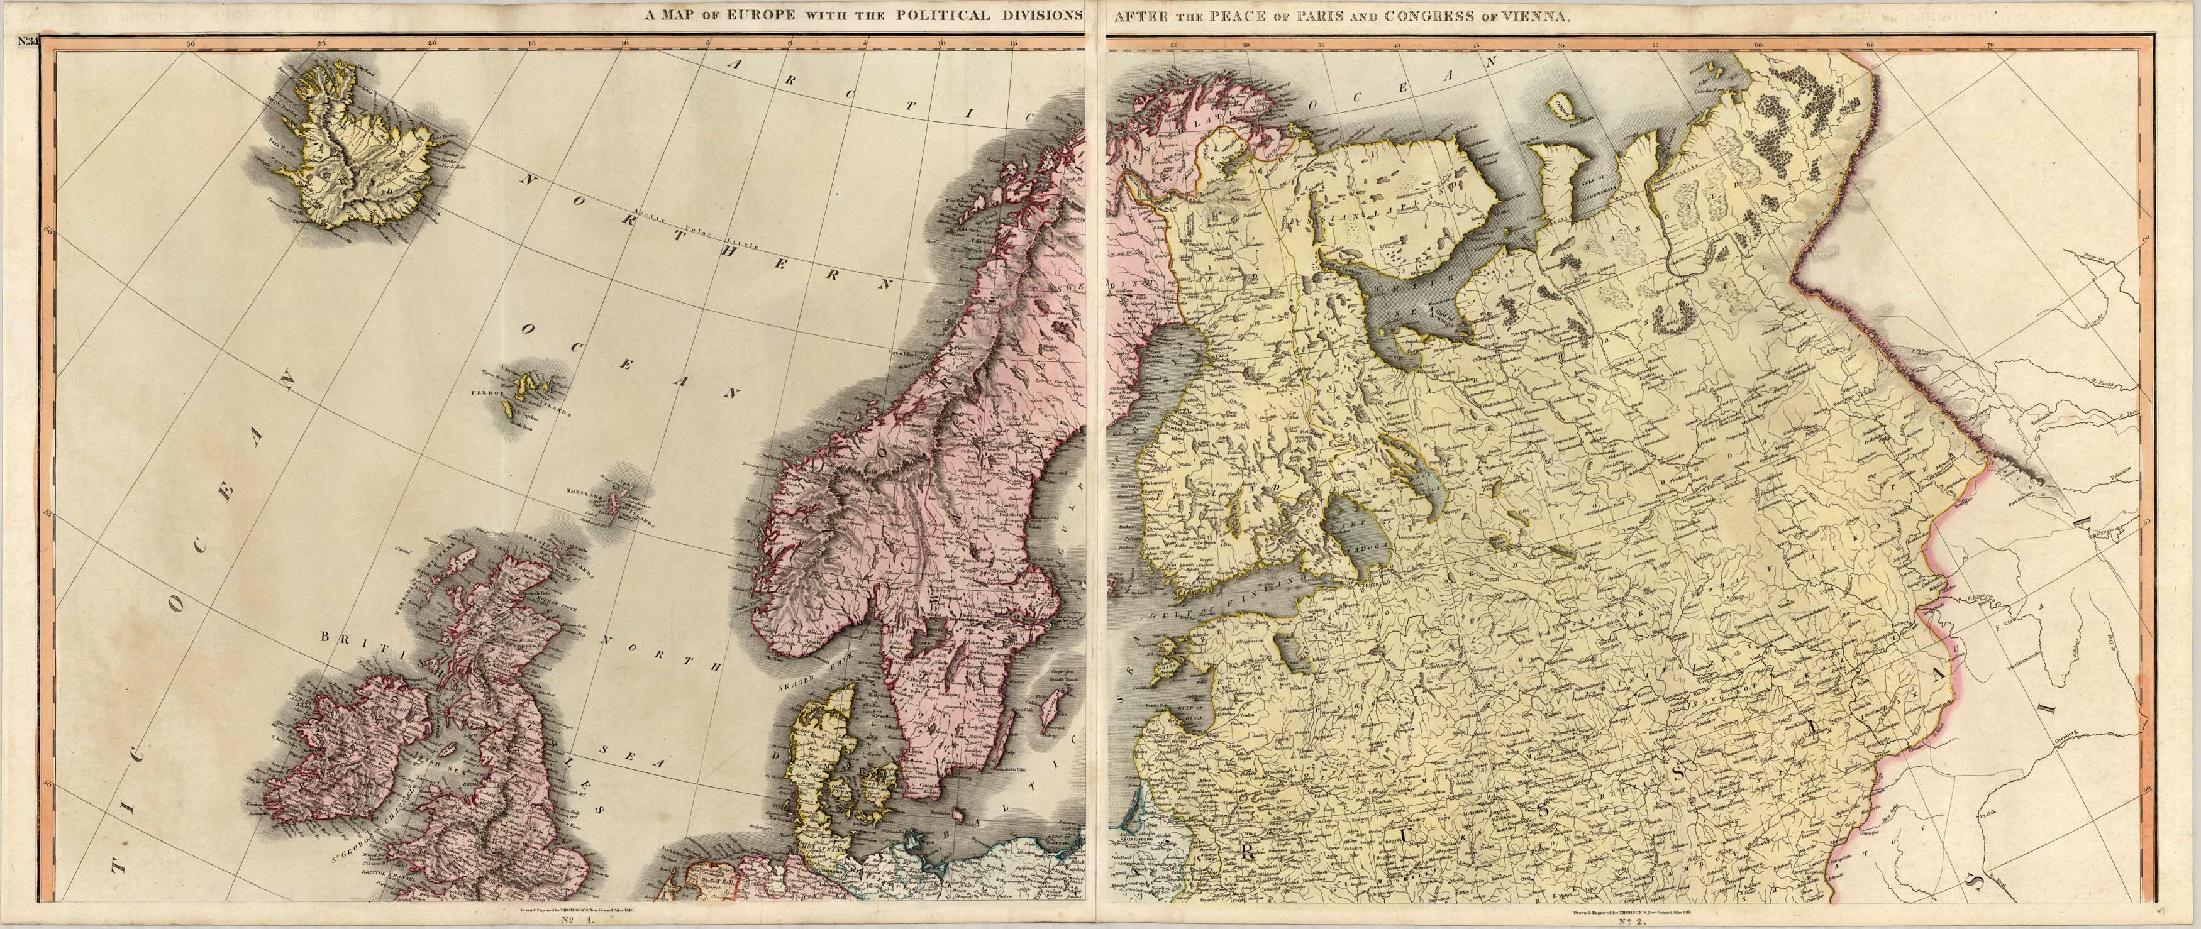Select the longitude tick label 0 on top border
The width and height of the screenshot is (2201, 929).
789,43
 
